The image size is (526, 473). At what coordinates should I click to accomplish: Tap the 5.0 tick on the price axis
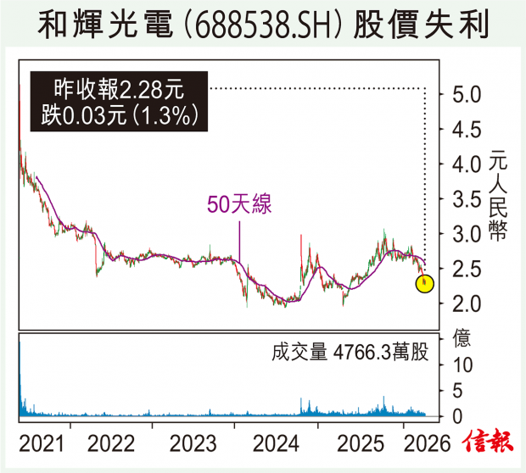(466, 94)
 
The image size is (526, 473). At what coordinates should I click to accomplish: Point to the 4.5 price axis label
(466, 129)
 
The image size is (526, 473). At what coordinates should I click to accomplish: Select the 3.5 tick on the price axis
(466, 199)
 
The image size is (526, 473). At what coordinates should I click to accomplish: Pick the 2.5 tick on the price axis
(466, 269)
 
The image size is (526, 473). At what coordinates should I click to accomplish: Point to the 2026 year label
(421, 442)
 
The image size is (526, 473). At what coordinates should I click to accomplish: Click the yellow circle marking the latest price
(425, 283)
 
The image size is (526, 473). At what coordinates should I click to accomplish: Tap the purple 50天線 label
(239, 204)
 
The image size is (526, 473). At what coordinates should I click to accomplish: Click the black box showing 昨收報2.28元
(118, 102)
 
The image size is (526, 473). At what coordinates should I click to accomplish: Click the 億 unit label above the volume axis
(463, 337)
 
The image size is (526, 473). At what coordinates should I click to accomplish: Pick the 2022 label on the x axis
(115, 442)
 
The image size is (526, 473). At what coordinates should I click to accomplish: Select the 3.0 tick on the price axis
(466, 234)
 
